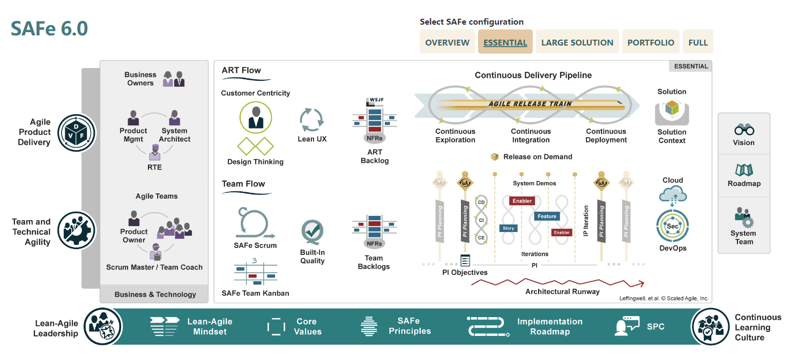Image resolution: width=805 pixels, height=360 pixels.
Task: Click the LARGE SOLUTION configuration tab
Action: point(577,42)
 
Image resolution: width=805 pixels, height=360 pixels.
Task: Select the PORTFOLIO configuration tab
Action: point(651,42)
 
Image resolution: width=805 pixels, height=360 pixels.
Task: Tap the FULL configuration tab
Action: point(698,42)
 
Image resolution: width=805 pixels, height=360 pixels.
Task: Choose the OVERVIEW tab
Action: point(447,42)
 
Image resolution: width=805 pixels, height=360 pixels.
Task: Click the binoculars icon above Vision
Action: point(744,130)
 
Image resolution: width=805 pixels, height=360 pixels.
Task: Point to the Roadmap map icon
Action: point(744,170)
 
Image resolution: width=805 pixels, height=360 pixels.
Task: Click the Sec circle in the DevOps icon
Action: point(673,226)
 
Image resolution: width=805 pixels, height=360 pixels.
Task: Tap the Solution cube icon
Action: point(672,109)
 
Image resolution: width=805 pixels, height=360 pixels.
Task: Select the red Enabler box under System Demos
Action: point(522,201)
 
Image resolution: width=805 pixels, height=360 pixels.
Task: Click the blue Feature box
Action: point(547,216)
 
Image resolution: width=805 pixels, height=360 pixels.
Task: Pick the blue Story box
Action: point(508,228)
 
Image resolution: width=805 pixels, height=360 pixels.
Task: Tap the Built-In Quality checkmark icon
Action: point(312,232)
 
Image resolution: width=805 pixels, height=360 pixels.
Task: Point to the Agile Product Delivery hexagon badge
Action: point(76,132)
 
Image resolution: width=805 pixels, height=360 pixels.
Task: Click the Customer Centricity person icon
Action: point(256,117)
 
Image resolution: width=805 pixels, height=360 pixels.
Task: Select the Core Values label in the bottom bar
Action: point(308,326)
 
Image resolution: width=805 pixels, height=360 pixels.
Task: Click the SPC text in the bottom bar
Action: point(655,326)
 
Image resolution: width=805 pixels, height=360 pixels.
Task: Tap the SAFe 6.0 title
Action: point(49,28)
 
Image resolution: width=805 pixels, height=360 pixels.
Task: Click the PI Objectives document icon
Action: point(465,261)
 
